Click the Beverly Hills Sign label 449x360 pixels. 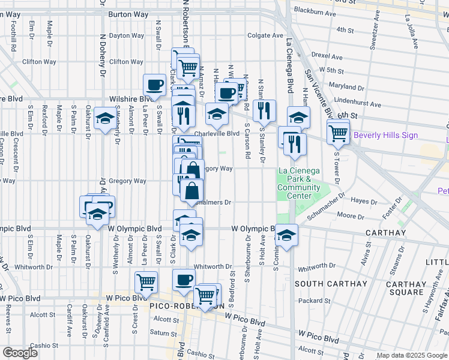click(385, 135)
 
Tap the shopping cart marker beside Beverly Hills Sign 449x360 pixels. click(339, 131)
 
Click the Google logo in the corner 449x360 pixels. click(20, 353)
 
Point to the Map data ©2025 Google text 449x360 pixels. click(411, 355)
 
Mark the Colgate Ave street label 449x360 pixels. click(265, 35)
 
